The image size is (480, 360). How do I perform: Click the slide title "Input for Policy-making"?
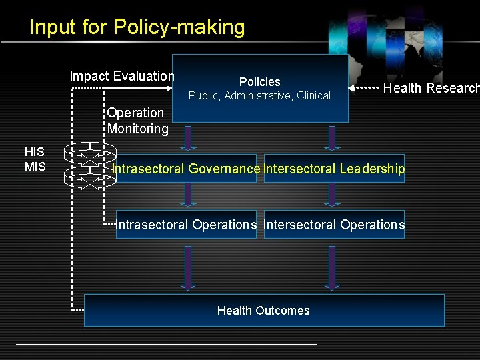click(x=137, y=27)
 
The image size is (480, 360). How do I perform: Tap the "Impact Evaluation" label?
click(x=122, y=76)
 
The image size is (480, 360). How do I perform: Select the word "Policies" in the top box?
click(x=259, y=82)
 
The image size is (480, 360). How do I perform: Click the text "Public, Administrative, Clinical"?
click(x=259, y=96)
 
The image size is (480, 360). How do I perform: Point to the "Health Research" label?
click(x=431, y=88)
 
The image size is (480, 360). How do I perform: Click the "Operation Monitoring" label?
click(x=137, y=121)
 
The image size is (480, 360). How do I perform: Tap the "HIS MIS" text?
click(x=35, y=159)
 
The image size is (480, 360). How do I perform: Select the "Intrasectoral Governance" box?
click(x=186, y=169)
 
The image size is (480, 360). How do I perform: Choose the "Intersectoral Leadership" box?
click(x=334, y=169)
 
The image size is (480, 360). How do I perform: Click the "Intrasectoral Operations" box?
click(x=186, y=225)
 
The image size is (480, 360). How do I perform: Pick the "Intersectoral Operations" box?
click(x=334, y=225)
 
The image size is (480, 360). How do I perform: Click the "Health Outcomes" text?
click(x=263, y=311)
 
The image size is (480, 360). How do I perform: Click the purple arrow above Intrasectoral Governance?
click(x=189, y=137)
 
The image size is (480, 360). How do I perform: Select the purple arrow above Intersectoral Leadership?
click(x=331, y=137)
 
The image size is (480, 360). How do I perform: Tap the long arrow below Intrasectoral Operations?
click(x=189, y=267)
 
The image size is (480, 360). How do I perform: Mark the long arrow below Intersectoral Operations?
click(x=331, y=267)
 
